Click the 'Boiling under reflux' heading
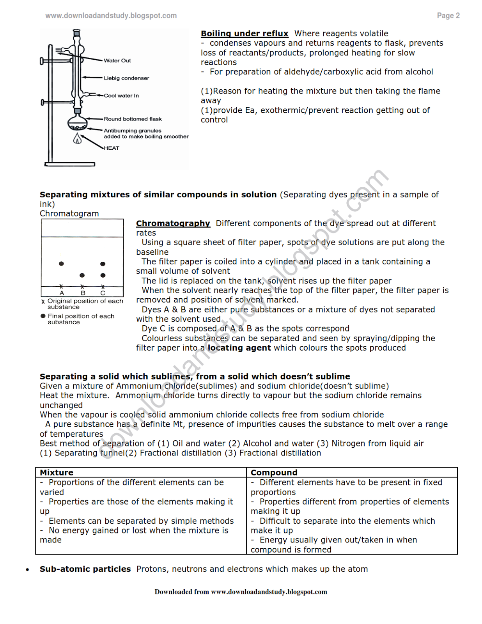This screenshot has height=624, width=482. pyautogui.click(x=245, y=34)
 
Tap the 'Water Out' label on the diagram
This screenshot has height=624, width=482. pyautogui.click(x=117, y=60)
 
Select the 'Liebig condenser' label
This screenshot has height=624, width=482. pyautogui.click(x=126, y=78)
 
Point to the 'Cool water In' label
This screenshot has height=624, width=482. pyautogui.click(x=121, y=96)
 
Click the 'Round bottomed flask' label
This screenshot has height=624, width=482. pyautogui.click(x=133, y=119)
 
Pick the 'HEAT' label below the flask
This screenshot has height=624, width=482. pyautogui.click(x=112, y=148)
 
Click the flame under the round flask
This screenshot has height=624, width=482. pyautogui.click(x=78, y=138)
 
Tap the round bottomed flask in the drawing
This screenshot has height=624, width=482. pyautogui.click(x=78, y=122)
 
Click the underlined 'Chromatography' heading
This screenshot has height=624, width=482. pyautogui.click(x=173, y=223)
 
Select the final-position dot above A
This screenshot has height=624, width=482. pyautogui.click(x=61, y=264)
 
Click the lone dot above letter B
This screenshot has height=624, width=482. pyautogui.click(x=82, y=275)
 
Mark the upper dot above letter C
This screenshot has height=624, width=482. pyautogui.click(x=103, y=264)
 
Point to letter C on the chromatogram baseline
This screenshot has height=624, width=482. pyautogui.click(x=103, y=293)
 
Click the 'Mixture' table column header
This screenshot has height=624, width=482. pyautogui.click(x=57, y=473)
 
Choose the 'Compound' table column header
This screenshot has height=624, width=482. pyautogui.click(x=274, y=473)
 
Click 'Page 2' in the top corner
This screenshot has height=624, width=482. pyautogui.click(x=448, y=16)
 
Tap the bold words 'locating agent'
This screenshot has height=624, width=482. pyautogui.click(x=239, y=348)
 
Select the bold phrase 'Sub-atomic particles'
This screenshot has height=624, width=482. pyautogui.click(x=85, y=569)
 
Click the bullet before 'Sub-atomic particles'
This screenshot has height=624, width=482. pyautogui.click(x=28, y=570)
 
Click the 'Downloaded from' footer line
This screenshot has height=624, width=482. pyautogui.click(x=241, y=592)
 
